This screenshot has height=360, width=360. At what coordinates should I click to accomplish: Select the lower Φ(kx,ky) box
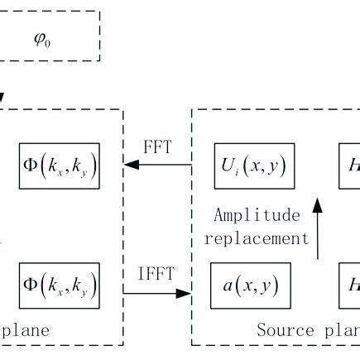[59, 286]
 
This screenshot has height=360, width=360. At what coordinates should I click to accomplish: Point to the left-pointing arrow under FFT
[157, 167]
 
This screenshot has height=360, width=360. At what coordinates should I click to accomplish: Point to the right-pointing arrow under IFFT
[157, 290]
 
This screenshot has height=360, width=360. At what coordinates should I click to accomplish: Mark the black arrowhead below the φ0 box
[2, 97]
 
